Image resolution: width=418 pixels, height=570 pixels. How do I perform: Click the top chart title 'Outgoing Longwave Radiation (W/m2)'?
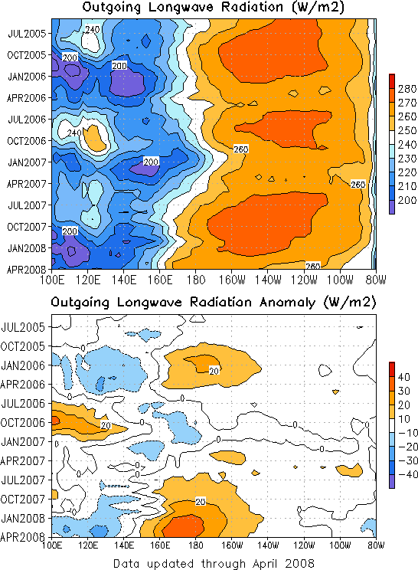coord(213,7)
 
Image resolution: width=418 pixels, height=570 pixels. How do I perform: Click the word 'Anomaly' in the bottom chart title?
coord(287,303)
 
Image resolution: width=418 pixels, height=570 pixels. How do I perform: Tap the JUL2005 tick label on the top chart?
coord(27,34)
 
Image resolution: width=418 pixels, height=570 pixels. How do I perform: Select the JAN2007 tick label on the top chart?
coord(27,162)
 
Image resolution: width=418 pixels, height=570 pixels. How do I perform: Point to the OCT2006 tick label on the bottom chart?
coord(23,423)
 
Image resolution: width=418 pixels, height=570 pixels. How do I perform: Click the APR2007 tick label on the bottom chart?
coord(23,461)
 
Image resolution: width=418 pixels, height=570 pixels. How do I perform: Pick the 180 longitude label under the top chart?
coord(196,280)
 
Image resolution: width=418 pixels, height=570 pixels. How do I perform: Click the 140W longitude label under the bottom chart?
coord(268,545)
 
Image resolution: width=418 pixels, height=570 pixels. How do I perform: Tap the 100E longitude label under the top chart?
coord(52,280)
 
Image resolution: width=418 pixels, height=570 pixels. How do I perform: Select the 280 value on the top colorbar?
coord(407,89)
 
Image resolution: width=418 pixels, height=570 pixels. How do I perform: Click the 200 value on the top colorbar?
coord(407,200)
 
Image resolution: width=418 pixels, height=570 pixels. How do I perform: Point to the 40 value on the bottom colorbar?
coord(403,377)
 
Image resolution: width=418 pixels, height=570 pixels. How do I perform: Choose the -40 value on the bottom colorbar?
coord(408,474)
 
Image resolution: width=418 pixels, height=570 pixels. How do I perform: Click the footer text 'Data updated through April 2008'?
coord(214,563)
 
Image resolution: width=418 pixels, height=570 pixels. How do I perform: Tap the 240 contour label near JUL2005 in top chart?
coord(92,29)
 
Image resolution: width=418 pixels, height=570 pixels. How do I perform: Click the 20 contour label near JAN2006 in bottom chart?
coord(214,371)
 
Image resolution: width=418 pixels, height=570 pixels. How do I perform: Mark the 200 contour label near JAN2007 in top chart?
coord(151,162)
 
